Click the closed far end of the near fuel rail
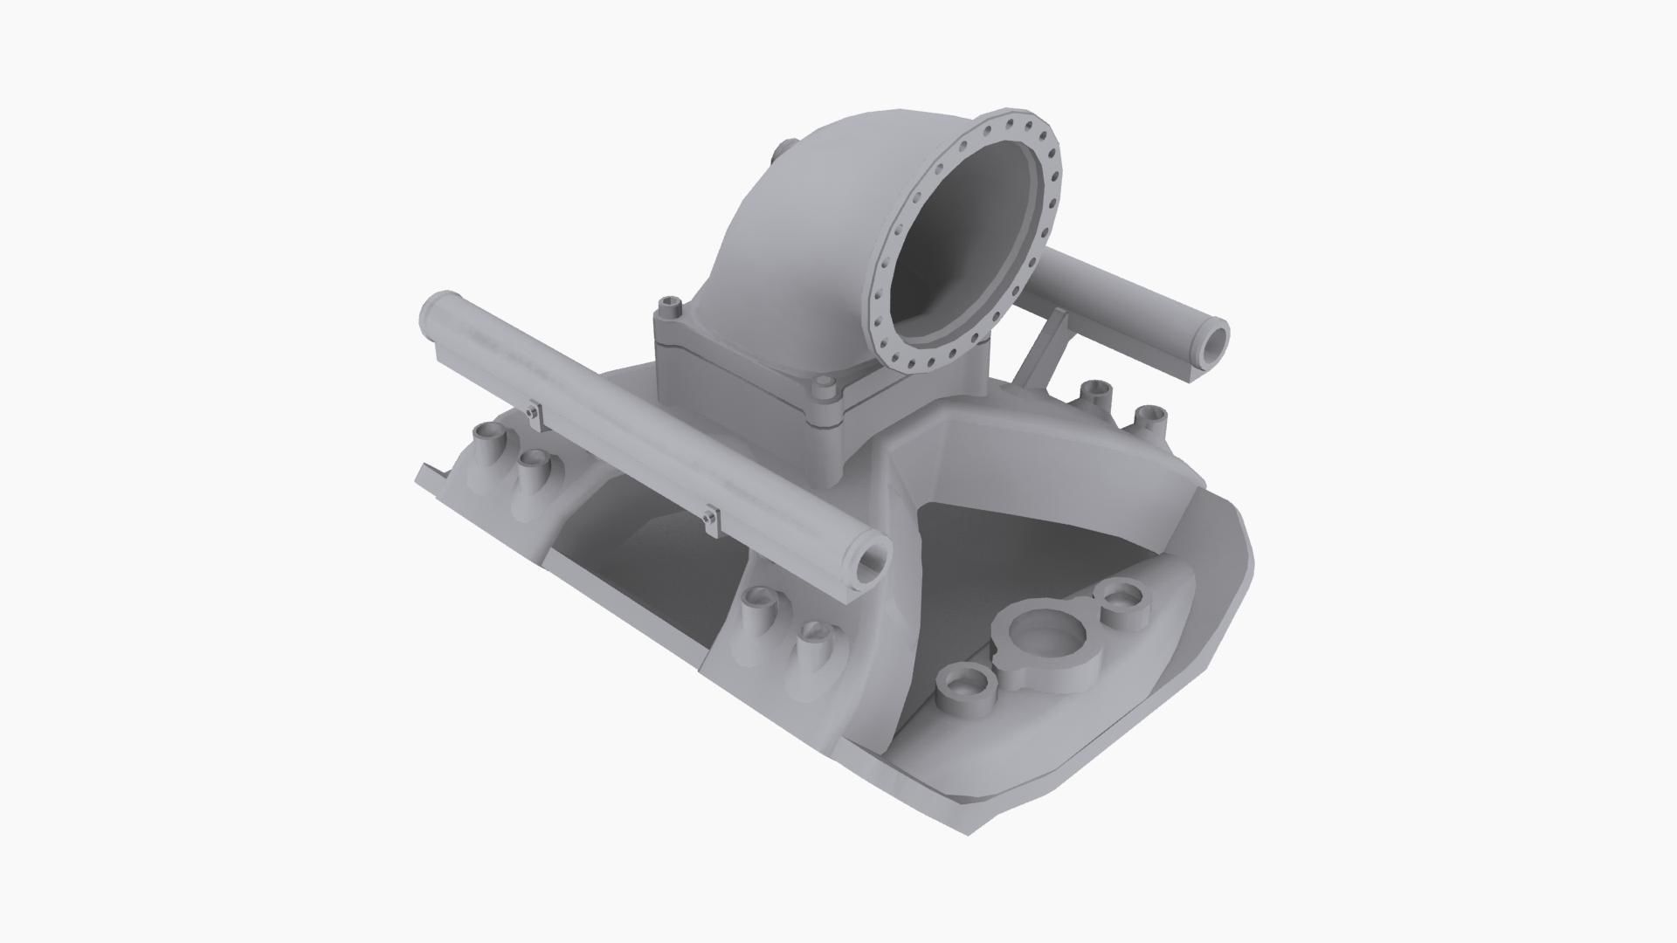[431, 312]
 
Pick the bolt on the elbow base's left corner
[670, 307]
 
